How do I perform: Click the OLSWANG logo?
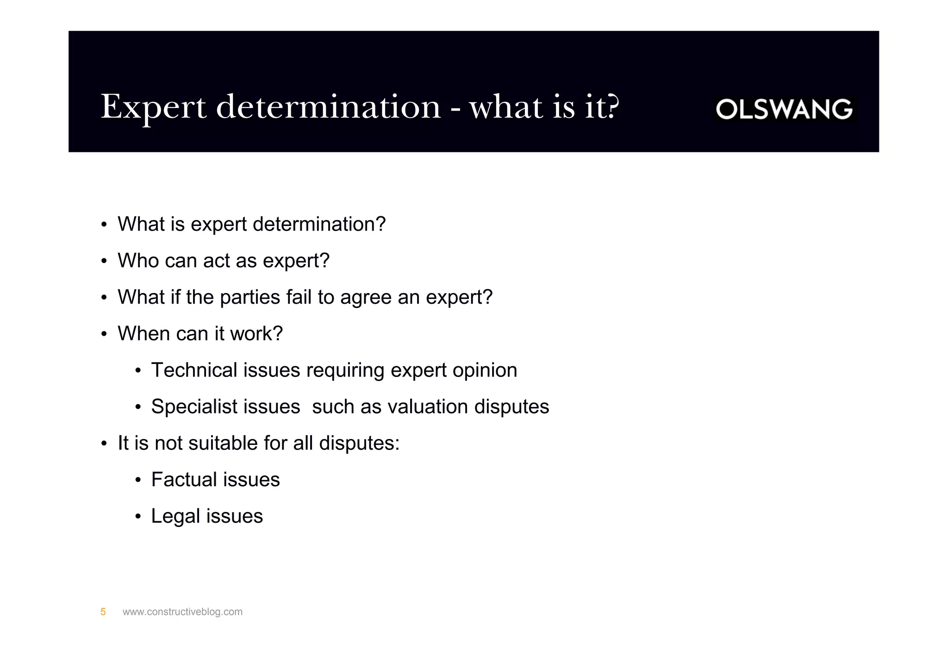tap(784, 109)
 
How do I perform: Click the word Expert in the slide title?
tap(153, 107)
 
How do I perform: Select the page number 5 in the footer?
tap(103, 612)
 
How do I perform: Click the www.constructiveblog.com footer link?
tap(182, 612)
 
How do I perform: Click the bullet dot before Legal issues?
tap(138, 517)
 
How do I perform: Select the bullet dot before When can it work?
tap(104, 334)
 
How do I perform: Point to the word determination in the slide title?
tap(328, 107)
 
